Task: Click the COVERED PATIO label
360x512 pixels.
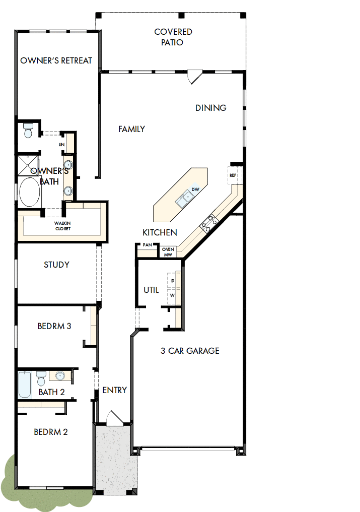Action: pyautogui.click(x=173, y=37)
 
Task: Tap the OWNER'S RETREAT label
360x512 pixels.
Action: pyautogui.click(x=56, y=60)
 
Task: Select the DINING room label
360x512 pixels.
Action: pyautogui.click(x=211, y=108)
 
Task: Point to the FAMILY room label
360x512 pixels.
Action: pyautogui.click(x=132, y=129)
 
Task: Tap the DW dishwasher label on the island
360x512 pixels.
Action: pyautogui.click(x=196, y=189)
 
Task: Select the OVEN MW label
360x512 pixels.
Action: pyautogui.click(x=168, y=251)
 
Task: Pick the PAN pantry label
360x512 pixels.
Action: pyautogui.click(x=148, y=244)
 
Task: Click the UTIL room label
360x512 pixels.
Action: pyautogui.click(x=151, y=290)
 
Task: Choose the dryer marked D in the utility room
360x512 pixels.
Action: pyautogui.click(x=173, y=280)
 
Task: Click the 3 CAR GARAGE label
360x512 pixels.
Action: pyautogui.click(x=190, y=351)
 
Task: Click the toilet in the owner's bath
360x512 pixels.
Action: pyautogui.click(x=28, y=131)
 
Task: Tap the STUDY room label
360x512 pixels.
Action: pyautogui.click(x=56, y=265)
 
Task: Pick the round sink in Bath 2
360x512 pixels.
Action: pyautogui.click(x=60, y=376)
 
